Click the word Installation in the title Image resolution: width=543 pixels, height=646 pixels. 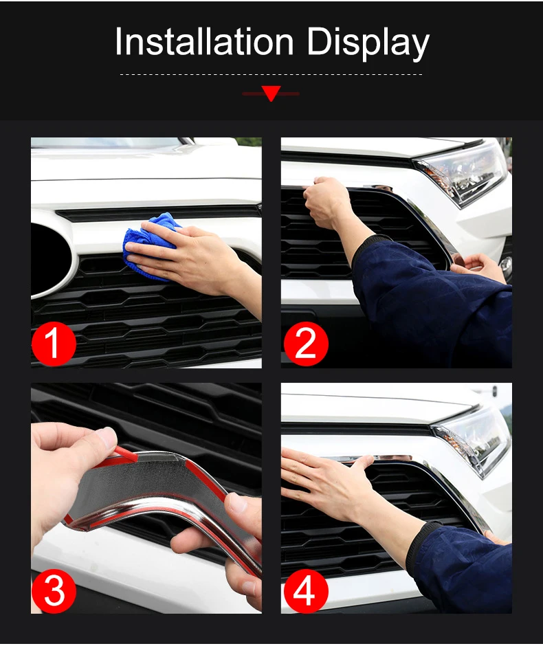click(204, 41)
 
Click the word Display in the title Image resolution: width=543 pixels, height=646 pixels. click(368, 44)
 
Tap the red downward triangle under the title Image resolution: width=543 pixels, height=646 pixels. click(271, 93)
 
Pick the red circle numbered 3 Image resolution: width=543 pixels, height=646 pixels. click(54, 590)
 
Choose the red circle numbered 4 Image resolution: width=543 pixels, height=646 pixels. click(306, 590)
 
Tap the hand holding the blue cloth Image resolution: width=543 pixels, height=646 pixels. click(190, 256)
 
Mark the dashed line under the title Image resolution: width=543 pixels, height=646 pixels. click(271, 75)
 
